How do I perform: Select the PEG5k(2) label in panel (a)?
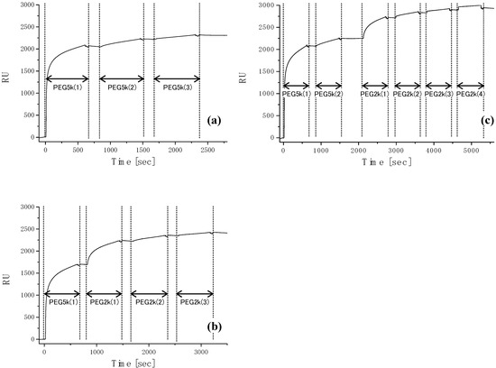(x=122, y=87)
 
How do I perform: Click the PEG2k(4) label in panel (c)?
(x=471, y=94)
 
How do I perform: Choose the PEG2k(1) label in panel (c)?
(x=374, y=94)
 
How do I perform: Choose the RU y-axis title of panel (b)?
(x=9, y=273)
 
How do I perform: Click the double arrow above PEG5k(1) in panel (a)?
(x=67, y=79)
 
